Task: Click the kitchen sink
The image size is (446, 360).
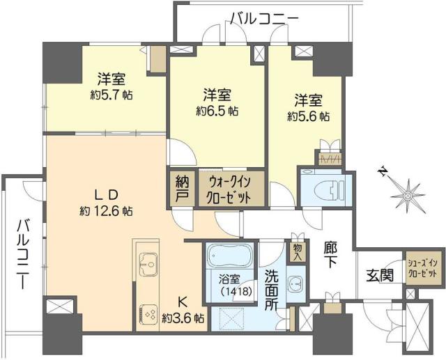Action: click(148, 263)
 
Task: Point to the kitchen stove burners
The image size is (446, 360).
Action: click(148, 313)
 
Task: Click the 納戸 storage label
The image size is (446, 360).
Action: click(181, 189)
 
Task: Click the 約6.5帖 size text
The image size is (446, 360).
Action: click(217, 111)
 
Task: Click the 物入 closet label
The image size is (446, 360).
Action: click(298, 251)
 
